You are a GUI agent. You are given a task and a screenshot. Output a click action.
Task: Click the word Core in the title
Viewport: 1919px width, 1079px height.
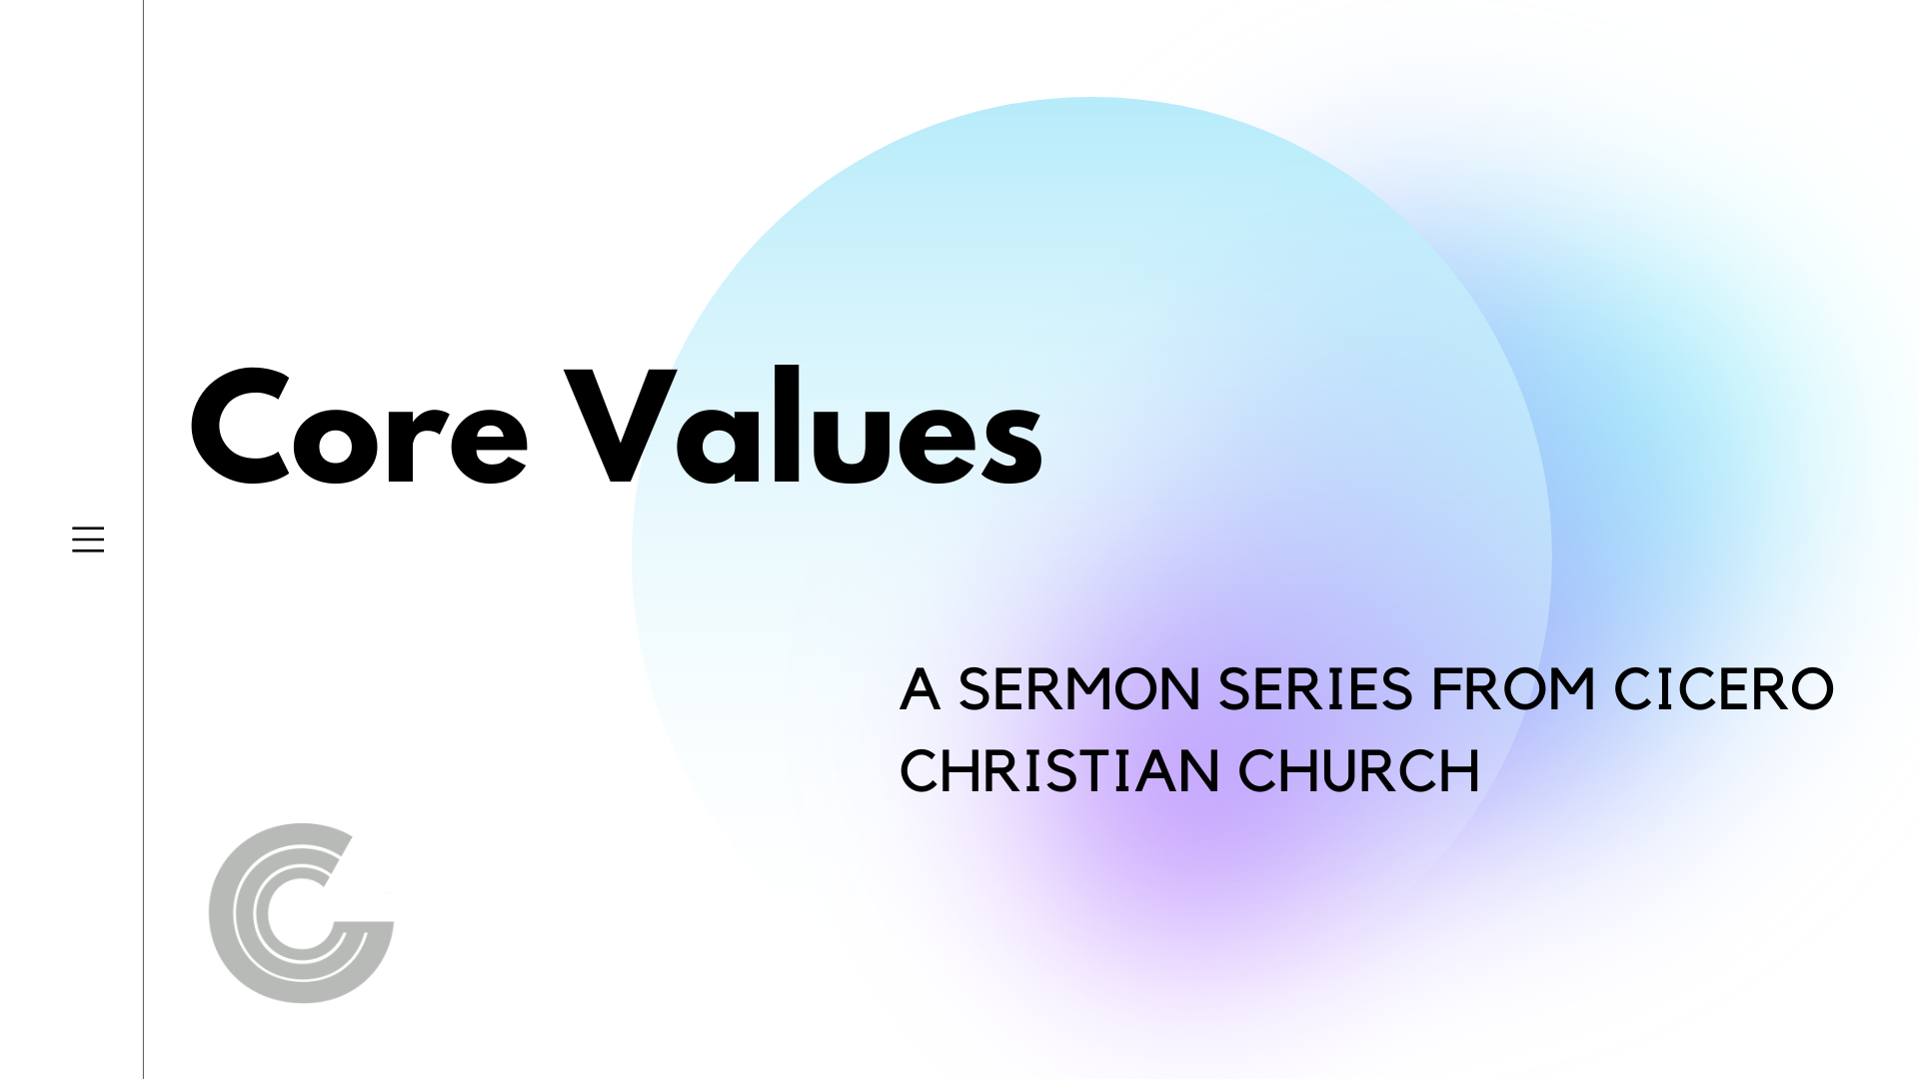click(359, 428)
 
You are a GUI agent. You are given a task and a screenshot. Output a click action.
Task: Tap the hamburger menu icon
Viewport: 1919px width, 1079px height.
click(88, 539)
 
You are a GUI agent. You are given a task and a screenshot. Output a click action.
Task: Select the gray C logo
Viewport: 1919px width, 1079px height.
click(301, 913)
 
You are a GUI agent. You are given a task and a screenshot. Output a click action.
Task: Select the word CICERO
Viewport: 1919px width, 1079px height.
click(1724, 689)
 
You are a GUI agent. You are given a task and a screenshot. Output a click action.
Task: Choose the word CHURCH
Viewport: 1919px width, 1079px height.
click(1359, 771)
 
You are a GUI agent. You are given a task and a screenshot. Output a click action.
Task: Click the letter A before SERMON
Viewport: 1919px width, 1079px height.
click(920, 689)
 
